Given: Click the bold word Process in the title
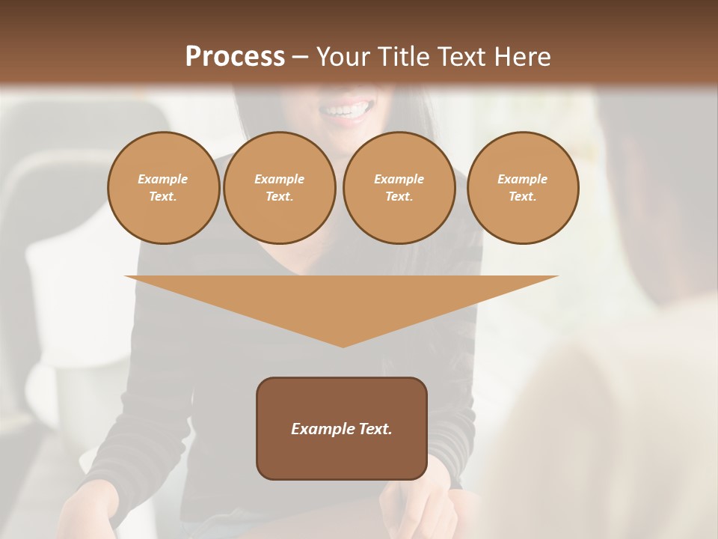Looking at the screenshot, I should [x=235, y=57].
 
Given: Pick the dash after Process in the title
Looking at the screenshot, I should [x=300, y=58].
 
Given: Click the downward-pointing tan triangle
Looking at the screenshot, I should [x=342, y=299].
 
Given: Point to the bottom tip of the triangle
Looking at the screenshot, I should [x=343, y=345].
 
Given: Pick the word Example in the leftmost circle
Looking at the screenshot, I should [x=163, y=179].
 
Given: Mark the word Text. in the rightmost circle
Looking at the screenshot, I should [x=523, y=196].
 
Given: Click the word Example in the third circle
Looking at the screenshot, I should [x=399, y=179].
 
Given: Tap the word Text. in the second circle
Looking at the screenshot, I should [x=279, y=196].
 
